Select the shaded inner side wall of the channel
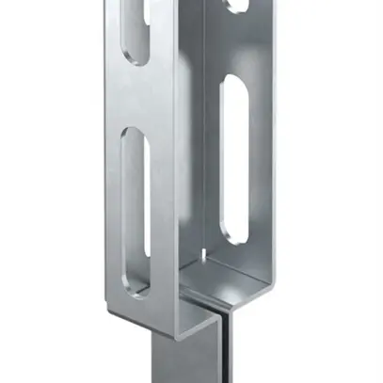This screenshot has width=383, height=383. coord(188,141)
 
